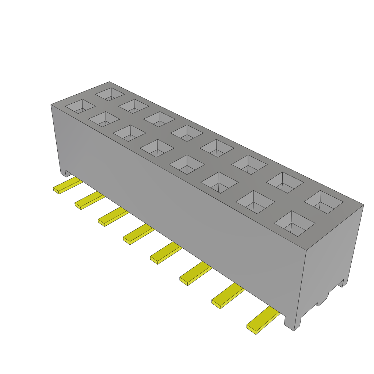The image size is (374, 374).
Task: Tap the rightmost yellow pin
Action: [262, 321]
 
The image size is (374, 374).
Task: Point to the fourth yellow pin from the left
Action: [138, 235]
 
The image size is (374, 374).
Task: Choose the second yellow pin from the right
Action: [227, 297]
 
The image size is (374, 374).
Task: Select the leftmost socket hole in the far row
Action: [110, 94]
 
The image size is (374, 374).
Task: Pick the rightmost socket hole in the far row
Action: [324, 202]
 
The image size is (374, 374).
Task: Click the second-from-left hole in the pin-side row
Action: [104, 119]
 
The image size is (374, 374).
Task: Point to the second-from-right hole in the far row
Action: [285, 182]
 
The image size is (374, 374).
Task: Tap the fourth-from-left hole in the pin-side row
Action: [157, 148]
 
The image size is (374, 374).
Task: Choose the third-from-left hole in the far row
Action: [159, 119]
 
